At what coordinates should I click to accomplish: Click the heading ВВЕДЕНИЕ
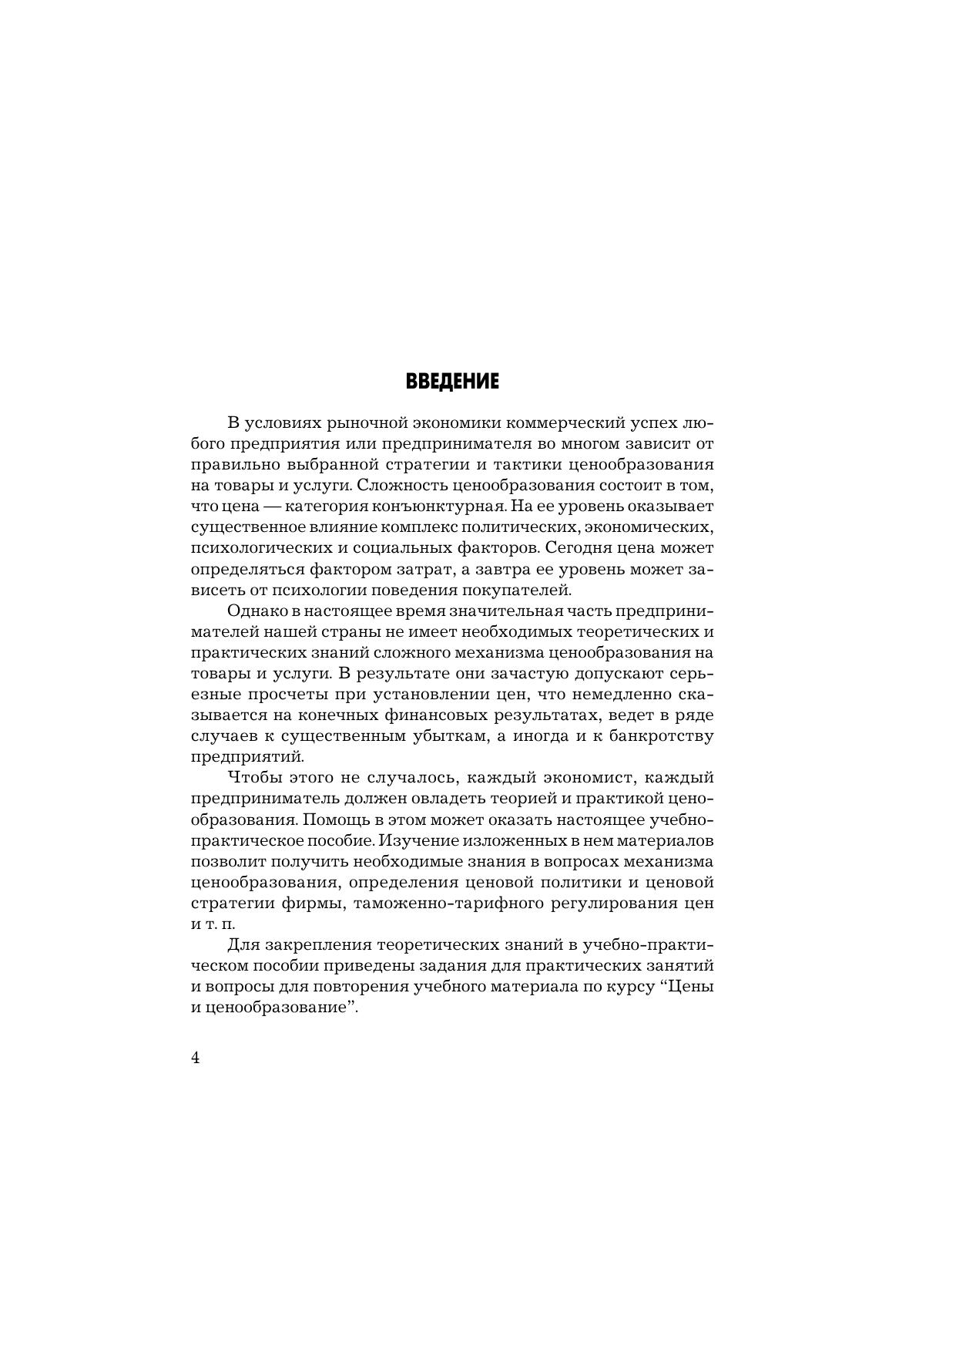pyautogui.click(x=452, y=382)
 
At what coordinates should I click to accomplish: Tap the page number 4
pyautogui.click(x=195, y=1058)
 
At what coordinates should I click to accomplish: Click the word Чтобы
pyautogui.click(x=256, y=777)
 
